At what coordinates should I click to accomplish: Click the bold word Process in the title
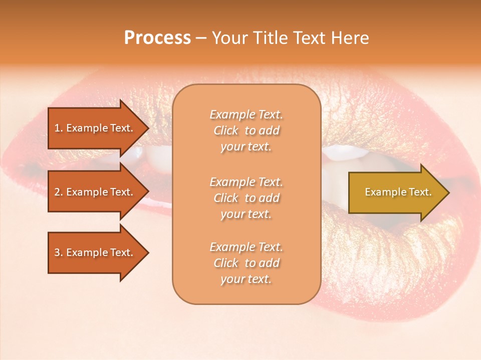tap(157, 38)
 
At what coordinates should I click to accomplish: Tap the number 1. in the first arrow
tap(59, 128)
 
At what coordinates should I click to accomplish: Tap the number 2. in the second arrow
tap(59, 192)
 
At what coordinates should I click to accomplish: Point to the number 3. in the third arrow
tap(59, 252)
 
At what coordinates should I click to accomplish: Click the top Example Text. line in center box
tap(246, 114)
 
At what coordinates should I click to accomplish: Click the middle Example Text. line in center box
tap(246, 181)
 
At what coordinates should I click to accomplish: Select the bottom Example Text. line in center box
tap(246, 247)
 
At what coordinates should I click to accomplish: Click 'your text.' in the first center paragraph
tap(246, 147)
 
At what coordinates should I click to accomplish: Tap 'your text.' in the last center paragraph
tap(246, 279)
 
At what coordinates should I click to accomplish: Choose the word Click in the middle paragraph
tap(225, 198)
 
